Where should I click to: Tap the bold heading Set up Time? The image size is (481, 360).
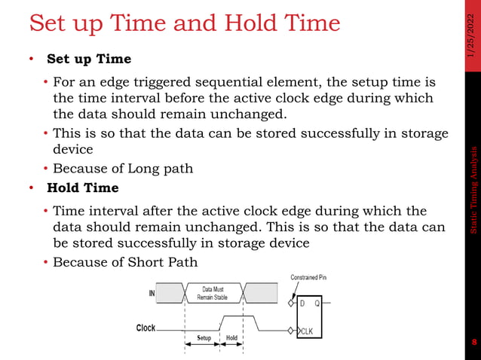click(x=89, y=59)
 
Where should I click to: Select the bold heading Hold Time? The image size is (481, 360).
click(x=82, y=188)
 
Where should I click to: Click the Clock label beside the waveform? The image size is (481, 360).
click(x=146, y=328)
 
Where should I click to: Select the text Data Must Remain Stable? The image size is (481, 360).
click(x=213, y=293)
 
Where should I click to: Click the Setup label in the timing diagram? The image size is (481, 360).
click(x=204, y=338)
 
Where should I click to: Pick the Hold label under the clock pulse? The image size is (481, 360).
click(x=231, y=338)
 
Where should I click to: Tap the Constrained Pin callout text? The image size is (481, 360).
click(x=308, y=277)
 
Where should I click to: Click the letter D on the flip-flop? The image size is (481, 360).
click(x=303, y=304)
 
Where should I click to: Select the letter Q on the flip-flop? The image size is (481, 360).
click(x=317, y=304)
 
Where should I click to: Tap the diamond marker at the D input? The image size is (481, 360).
click(x=291, y=304)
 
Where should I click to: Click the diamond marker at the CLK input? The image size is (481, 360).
click(x=291, y=330)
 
